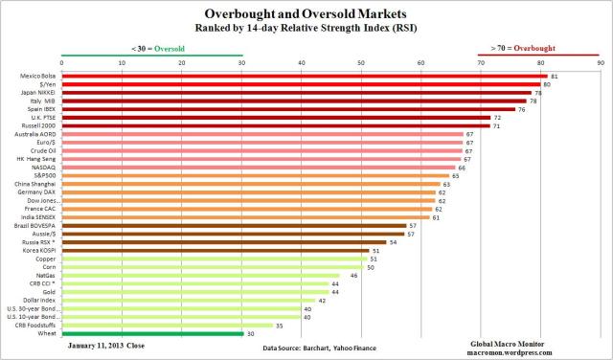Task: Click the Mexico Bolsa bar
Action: coord(304,76)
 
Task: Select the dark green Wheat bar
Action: coord(151,334)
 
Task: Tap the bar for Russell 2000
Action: coord(274,125)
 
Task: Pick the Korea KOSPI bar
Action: coord(214,250)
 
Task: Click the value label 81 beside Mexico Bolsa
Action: coord(555,76)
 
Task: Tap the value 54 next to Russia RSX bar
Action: coord(393,242)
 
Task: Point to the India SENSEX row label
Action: coord(38,217)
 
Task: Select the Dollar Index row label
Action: coord(40,301)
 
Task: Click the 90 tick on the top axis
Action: coord(600,63)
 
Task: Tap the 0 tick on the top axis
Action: coord(62,63)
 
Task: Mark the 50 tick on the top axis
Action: coord(361,63)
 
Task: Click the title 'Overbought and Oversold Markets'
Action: coord(306,14)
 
